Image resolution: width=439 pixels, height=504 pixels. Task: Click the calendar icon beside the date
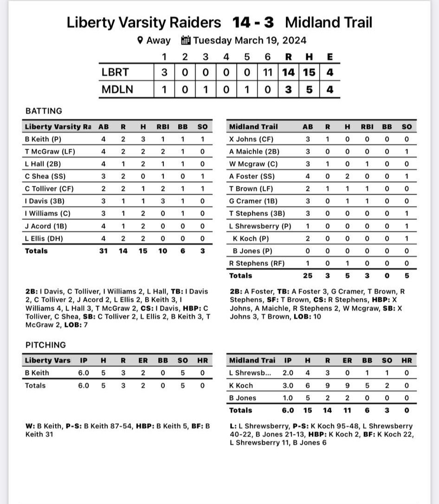click(186, 40)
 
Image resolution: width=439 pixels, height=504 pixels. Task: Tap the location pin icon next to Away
click(140, 40)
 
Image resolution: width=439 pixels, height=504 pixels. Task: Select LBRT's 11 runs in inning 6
click(267, 72)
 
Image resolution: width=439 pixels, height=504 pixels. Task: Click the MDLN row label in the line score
click(117, 89)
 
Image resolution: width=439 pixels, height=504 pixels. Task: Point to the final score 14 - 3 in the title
click(253, 22)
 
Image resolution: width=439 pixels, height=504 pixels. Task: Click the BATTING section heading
click(44, 111)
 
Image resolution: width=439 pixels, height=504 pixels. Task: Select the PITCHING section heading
click(45, 345)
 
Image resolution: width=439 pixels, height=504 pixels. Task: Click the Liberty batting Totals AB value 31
click(103, 251)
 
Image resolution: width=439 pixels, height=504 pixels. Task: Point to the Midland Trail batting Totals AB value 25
click(308, 275)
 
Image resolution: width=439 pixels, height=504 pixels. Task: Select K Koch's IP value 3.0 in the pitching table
click(288, 385)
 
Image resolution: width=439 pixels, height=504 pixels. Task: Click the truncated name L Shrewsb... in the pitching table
click(250, 373)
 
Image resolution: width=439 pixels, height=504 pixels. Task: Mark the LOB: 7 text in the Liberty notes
click(76, 325)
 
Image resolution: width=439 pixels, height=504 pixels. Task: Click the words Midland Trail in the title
click(329, 22)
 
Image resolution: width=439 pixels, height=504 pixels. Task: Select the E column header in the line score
click(329, 57)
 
